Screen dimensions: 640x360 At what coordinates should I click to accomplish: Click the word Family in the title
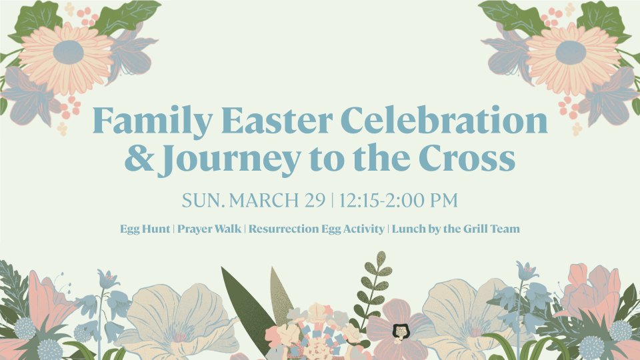[x=153, y=121]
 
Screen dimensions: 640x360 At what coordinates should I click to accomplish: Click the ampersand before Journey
[x=139, y=158]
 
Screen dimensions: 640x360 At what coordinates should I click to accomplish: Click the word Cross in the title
[x=467, y=158]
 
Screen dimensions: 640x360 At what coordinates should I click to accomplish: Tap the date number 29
[x=315, y=200]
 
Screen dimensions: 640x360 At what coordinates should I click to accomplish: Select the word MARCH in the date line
[x=264, y=200]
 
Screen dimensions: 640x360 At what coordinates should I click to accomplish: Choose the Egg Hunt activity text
[x=145, y=229]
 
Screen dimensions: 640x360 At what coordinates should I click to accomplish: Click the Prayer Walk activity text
[x=209, y=229]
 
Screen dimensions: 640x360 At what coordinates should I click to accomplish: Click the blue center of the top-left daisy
[x=68, y=52]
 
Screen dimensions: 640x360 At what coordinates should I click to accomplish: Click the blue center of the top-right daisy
[x=571, y=52]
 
